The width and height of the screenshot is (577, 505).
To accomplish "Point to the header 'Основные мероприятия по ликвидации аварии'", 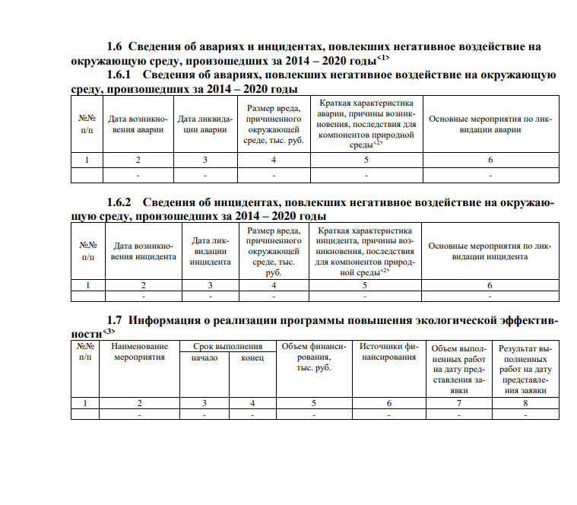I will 490,124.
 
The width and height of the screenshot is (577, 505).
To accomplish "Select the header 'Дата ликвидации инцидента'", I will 210,251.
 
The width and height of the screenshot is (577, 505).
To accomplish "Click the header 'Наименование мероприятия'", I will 139,351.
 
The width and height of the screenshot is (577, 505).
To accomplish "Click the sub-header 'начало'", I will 204,357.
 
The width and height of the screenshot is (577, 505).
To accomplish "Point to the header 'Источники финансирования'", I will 388,351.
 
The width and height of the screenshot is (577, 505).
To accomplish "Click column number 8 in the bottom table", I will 525,402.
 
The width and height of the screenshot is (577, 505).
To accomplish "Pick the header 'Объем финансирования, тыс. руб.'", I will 313,357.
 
